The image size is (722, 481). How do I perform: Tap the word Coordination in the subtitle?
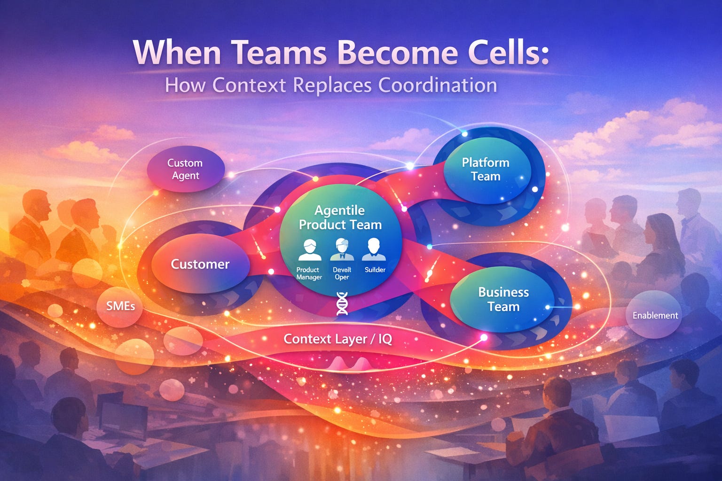(438, 85)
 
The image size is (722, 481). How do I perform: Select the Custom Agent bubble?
(186, 169)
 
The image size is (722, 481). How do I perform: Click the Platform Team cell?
(487, 171)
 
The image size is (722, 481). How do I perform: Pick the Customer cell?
(201, 264)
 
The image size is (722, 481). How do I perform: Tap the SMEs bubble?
(120, 306)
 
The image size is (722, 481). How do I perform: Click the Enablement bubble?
(655, 315)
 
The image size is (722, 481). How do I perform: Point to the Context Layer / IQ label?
(338, 339)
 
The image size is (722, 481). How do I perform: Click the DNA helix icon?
(342, 303)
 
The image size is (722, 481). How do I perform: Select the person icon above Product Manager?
(310, 250)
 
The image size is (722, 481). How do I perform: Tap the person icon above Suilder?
(374, 249)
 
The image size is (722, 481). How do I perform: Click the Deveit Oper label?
(342, 273)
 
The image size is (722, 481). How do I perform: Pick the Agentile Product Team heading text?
(340, 217)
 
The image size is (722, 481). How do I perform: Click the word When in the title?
(178, 53)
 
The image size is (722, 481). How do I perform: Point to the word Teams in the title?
(279, 53)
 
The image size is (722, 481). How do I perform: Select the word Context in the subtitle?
(249, 85)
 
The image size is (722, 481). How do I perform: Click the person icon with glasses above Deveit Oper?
(342, 249)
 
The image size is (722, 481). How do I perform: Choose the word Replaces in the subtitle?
(332, 85)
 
